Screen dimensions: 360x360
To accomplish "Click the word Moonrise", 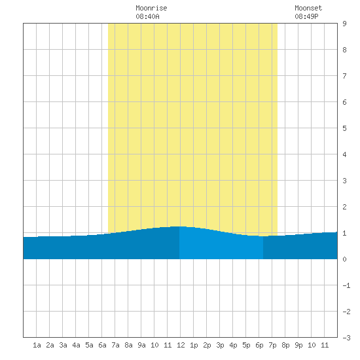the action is [x=151, y=8].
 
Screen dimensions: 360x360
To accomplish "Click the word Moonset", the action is [x=308, y=8].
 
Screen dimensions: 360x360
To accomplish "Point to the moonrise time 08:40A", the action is [x=147, y=16].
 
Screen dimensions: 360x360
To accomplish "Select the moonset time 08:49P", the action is [x=306, y=16].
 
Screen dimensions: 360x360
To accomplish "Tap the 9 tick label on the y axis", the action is [x=344, y=24].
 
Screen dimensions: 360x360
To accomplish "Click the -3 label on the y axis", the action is [x=346, y=338].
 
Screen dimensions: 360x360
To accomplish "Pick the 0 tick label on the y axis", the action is [x=344, y=259].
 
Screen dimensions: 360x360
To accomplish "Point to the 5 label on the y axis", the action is [x=344, y=128].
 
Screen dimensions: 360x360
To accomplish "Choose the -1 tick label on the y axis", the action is [x=346, y=285].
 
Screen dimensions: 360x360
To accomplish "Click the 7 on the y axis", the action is [x=344, y=76].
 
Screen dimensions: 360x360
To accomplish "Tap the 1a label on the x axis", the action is [x=37, y=345].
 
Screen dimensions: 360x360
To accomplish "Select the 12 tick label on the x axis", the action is [x=181, y=345].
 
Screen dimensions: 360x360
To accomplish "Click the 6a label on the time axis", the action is [x=102, y=345].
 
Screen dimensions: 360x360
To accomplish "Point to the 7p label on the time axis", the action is [x=272, y=345].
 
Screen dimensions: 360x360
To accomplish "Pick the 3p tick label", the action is [x=220, y=345].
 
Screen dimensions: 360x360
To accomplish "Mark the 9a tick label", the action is [x=141, y=345].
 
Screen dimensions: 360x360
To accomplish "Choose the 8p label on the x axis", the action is [x=285, y=345].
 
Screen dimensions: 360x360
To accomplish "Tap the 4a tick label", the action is [x=76, y=345].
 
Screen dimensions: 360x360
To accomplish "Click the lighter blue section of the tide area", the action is [x=221, y=245].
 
